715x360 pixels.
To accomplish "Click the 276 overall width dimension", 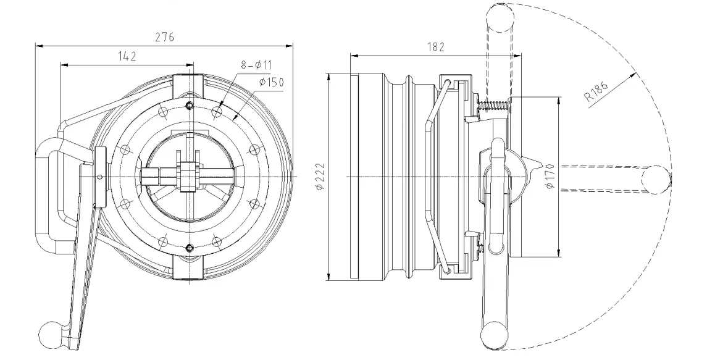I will [164, 37].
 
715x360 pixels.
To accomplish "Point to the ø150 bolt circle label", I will [271, 82].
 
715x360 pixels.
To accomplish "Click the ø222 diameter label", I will [319, 177].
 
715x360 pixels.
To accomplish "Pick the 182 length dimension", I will [436, 46].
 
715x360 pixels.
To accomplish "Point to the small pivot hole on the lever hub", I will [101, 177].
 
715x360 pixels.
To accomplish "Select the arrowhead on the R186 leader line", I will [634, 75].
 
